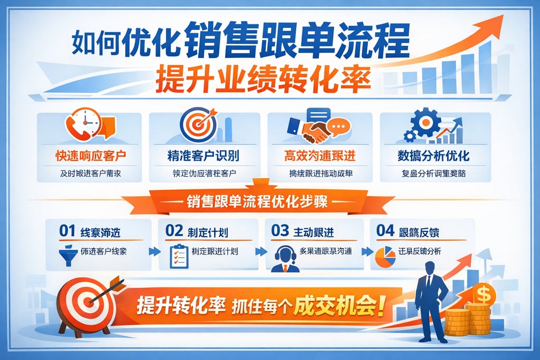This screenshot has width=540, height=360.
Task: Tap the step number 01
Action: coord(67,231)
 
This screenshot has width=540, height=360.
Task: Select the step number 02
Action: coord(174,231)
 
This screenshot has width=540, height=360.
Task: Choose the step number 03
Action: coord(279,231)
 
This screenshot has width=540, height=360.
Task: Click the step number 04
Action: coord(385,231)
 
